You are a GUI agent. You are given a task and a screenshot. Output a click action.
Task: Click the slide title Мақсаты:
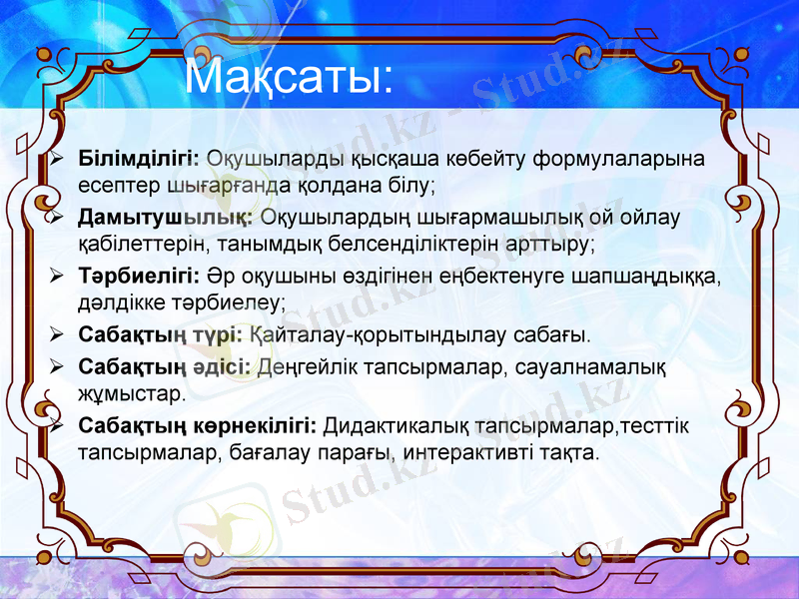point(290,78)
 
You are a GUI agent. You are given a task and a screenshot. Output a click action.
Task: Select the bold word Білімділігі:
point(139,159)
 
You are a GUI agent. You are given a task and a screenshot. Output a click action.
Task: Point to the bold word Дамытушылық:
point(164,217)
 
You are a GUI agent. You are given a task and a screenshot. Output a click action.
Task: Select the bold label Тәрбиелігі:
point(139,276)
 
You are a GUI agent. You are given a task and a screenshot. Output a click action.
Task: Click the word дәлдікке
point(120,300)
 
